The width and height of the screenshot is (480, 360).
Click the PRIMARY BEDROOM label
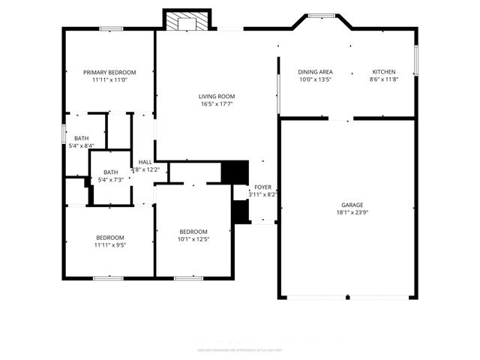(x=109, y=72)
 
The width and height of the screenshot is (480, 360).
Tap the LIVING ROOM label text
(x=217, y=96)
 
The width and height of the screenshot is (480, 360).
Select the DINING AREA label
(x=315, y=72)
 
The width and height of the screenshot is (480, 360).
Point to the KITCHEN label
(x=384, y=72)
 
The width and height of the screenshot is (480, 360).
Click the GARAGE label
(x=352, y=205)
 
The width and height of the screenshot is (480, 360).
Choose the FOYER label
(x=262, y=187)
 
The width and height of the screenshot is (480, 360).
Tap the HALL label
(x=145, y=162)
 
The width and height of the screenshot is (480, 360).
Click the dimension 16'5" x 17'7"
(x=217, y=104)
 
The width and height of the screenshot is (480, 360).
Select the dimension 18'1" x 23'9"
(x=352, y=212)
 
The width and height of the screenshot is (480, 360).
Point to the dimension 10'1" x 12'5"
(x=193, y=239)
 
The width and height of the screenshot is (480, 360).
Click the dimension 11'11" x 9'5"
(x=109, y=244)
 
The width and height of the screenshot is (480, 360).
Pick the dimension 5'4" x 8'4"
(x=81, y=145)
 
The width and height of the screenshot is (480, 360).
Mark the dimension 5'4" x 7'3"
(x=111, y=180)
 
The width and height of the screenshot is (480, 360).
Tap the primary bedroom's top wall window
(x=111, y=29)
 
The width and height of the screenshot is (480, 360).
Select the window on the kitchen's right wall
(x=415, y=60)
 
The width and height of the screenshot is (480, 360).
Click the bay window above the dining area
(x=322, y=15)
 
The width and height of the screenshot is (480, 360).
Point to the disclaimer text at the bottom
(x=240, y=349)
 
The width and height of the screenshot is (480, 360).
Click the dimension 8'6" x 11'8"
(x=384, y=79)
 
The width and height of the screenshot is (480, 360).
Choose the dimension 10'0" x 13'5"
(x=315, y=79)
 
